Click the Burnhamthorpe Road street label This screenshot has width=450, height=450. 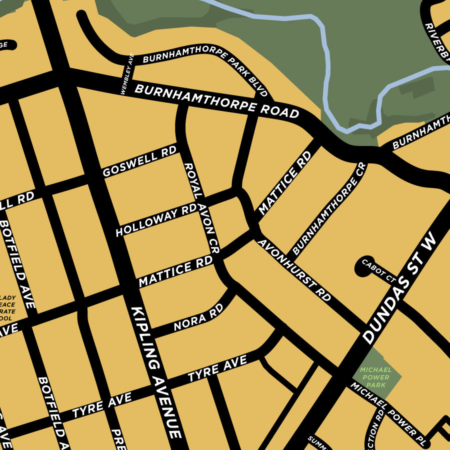[x=216, y=102]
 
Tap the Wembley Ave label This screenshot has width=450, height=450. [x=127, y=74]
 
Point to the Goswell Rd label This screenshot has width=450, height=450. [x=139, y=161]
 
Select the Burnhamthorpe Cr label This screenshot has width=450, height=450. [x=329, y=209]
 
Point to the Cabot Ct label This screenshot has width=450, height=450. [x=378, y=271]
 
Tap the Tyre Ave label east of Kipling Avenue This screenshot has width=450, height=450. [x=217, y=369]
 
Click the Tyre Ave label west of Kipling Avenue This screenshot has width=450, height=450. [x=102, y=405]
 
